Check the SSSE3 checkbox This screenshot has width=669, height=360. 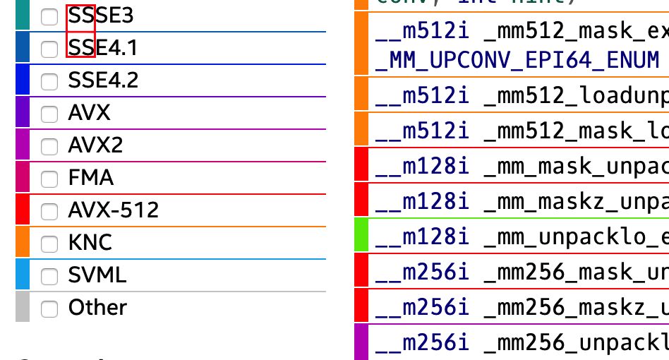click(x=49, y=17)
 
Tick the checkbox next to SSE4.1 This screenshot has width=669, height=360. click(x=49, y=49)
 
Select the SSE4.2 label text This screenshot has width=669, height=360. click(x=103, y=80)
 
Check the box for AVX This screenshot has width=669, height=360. click(x=49, y=114)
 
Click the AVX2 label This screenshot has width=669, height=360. click(x=95, y=145)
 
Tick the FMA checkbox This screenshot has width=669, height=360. click(x=49, y=179)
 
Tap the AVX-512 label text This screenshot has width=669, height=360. click(x=113, y=210)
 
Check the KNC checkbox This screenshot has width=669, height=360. click(x=49, y=244)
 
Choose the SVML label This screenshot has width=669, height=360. click(x=97, y=275)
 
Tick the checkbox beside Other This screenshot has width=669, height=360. click(x=49, y=308)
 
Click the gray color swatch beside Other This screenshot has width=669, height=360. click(x=23, y=307)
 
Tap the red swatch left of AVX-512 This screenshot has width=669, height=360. click(x=23, y=210)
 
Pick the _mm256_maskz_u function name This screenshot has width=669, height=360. click(x=576, y=307)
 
